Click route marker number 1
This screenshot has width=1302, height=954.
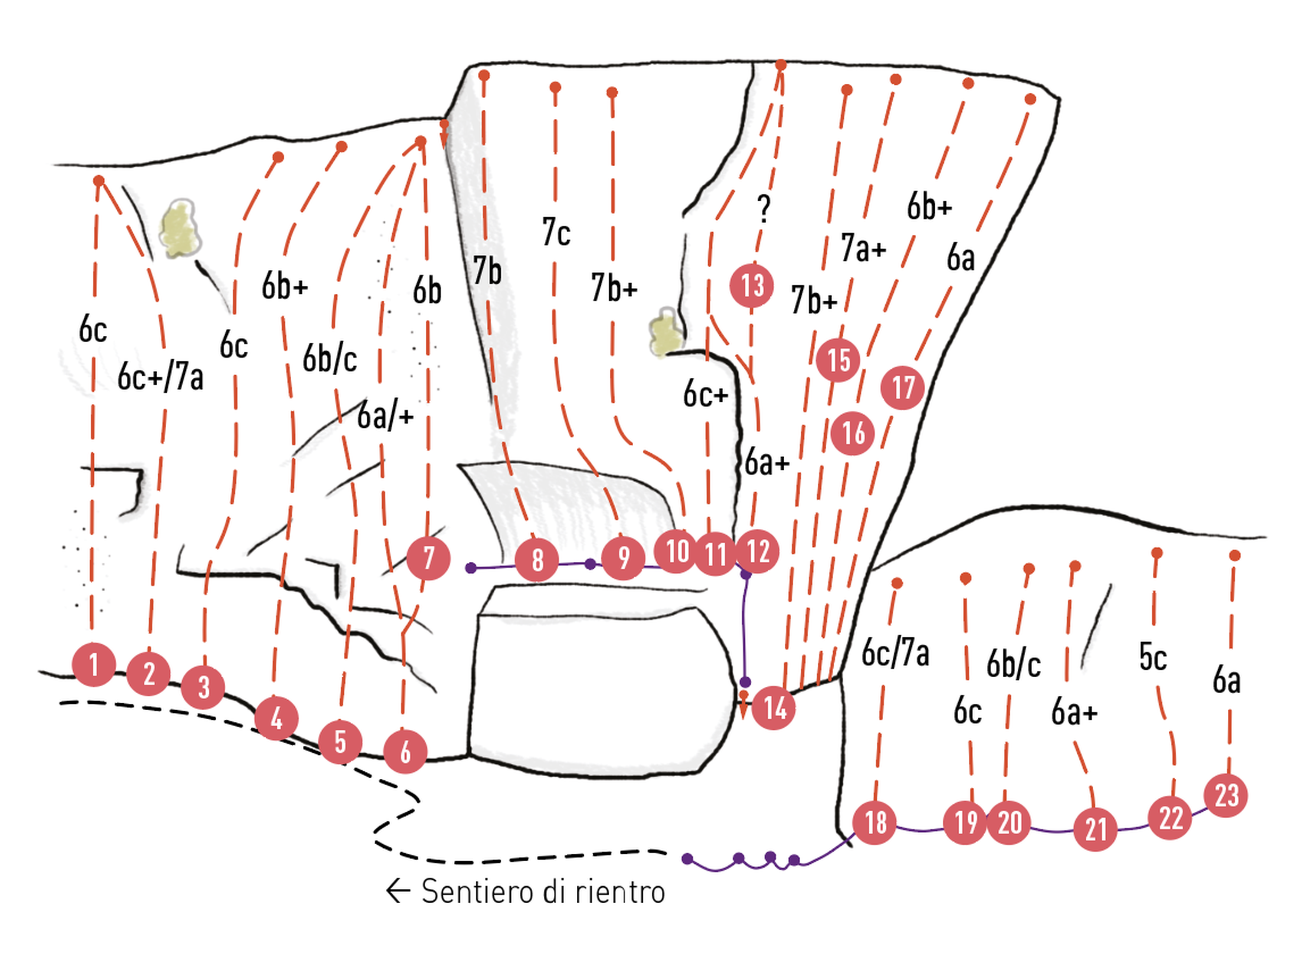(94, 665)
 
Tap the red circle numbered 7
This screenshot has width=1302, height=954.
(428, 558)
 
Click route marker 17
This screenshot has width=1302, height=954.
(902, 387)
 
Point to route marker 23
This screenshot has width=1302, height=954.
(1226, 796)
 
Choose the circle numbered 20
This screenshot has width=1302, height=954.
(1009, 823)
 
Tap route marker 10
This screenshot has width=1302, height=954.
(676, 551)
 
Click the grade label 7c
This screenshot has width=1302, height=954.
(556, 232)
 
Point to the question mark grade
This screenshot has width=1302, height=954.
(764, 209)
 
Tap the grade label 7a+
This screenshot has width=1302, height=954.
(863, 248)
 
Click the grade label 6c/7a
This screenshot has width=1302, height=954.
(895, 653)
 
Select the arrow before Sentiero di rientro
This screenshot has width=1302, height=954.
(398, 892)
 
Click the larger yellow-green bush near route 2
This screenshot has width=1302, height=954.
(181, 229)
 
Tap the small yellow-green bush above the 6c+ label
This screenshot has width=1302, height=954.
(665, 332)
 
